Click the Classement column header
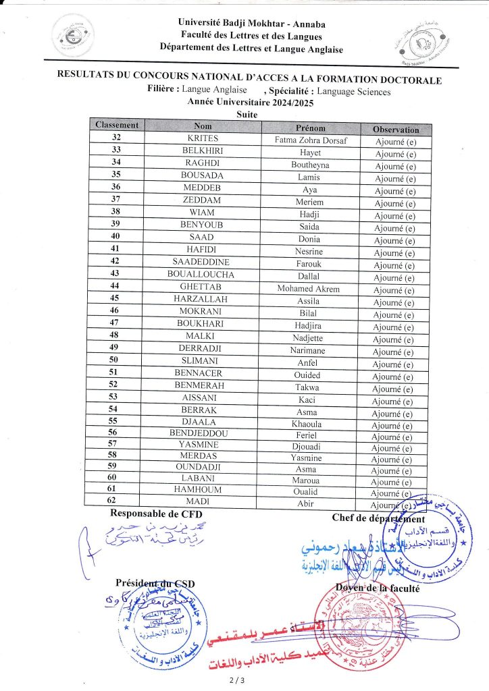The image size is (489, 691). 117,126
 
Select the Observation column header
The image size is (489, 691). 396,129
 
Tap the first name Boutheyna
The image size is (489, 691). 310,165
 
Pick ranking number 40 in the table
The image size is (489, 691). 115,237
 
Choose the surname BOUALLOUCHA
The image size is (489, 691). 201,275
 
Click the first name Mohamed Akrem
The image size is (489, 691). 309,289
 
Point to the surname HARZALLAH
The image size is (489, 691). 200,299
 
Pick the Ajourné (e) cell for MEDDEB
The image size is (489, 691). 395,191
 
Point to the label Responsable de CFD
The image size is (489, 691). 156,515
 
